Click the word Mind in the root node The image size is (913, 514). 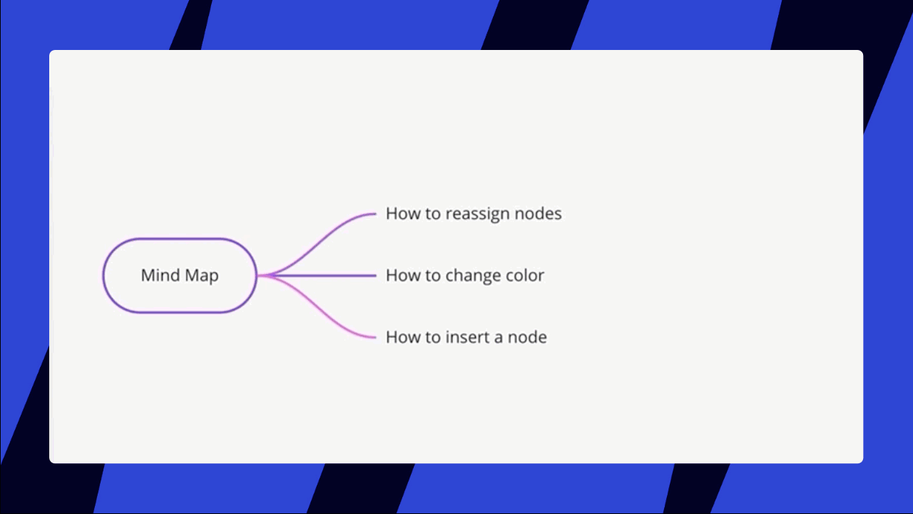tap(160, 275)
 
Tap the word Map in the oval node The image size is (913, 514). tap(202, 276)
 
